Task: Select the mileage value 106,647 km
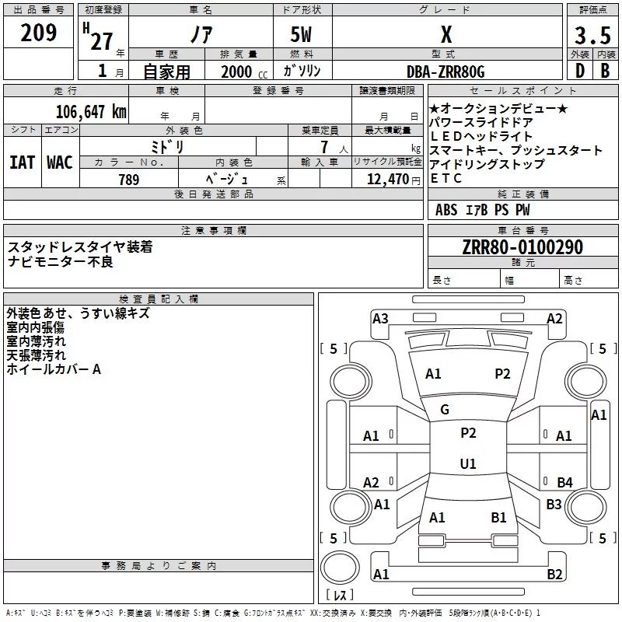(x=91, y=111)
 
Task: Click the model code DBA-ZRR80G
(x=446, y=72)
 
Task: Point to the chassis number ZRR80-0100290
(x=522, y=247)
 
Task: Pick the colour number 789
(x=128, y=180)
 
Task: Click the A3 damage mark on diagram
(x=380, y=318)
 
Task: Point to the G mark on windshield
(x=445, y=410)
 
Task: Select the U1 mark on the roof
(x=468, y=464)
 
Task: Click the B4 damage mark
(x=564, y=483)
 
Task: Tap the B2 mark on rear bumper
(x=554, y=575)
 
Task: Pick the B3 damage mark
(x=554, y=505)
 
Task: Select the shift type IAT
(x=22, y=162)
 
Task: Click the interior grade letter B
(x=605, y=71)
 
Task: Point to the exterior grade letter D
(x=579, y=71)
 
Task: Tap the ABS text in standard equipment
(x=446, y=210)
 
